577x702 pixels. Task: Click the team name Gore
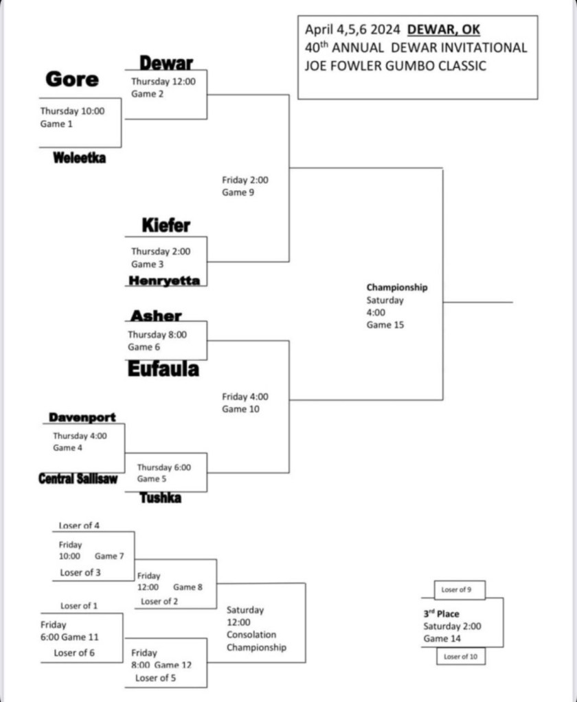tap(72, 79)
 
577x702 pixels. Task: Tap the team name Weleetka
tap(80, 159)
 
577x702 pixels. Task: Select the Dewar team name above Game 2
tap(166, 64)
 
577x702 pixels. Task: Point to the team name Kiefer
tap(166, 224)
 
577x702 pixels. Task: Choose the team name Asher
tap(157, 316)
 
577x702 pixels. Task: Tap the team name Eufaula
tap(163, 369)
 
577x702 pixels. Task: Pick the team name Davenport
tap(82, 417)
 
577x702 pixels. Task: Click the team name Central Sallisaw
tap(78, 479)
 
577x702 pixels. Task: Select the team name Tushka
tap(161, 498)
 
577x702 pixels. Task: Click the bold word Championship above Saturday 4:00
tap(396, 288)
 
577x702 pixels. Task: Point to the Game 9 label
tap(234, 193)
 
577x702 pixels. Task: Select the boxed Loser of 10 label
tap(460, 657)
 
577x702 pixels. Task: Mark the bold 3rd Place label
tap(441, 613)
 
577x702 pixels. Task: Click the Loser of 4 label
tap(79, 526)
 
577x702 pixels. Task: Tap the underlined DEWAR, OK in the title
tap(444, 30)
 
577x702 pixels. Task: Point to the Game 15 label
tap(385, 325)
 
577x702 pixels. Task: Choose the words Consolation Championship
tap(256, 641)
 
